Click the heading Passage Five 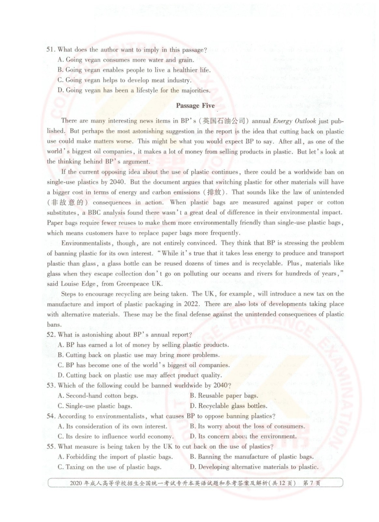(195, 105)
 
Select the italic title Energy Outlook (295, 121)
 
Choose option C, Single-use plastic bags (95, 406)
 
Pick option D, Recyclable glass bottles (228, 406)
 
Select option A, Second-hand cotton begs (98, 395)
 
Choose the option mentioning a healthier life (134, 70)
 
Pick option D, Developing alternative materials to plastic (254, 467)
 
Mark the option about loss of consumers (247, 426)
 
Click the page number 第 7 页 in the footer (312, 483)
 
